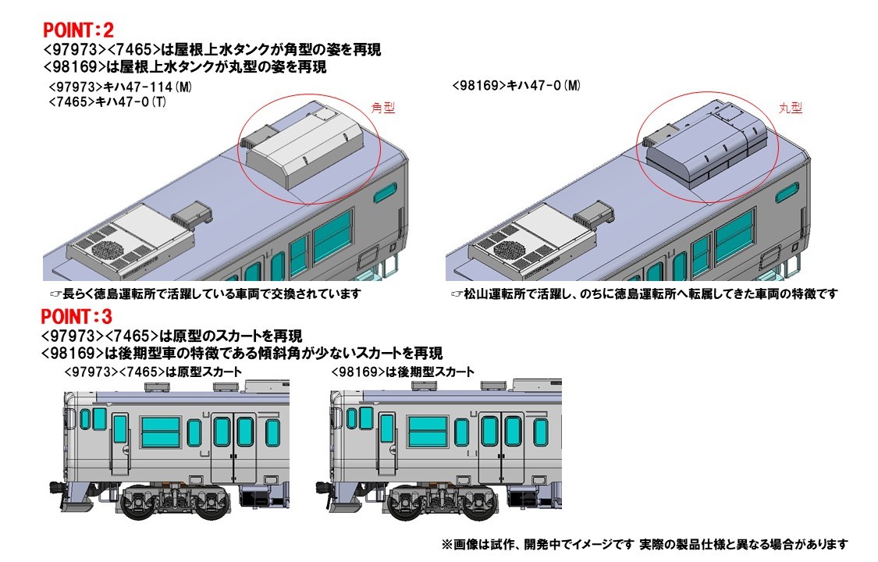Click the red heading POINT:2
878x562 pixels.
click(78, 30)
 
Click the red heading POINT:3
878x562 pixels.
click(76, 317)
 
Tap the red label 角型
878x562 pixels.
click(383, 108)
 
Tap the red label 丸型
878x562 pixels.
click(790, 108)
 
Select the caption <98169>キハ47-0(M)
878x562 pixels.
click(516, 86)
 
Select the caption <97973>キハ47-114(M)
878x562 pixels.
click(120, 87)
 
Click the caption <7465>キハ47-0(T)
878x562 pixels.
click(108, 102)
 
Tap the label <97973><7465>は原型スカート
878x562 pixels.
click(154, 372)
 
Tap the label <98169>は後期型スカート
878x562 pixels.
click(403, 372)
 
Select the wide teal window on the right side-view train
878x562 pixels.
click(428, 432)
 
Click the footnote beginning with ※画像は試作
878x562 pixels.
click(645, 544)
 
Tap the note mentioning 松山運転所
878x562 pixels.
click(645, 293)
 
